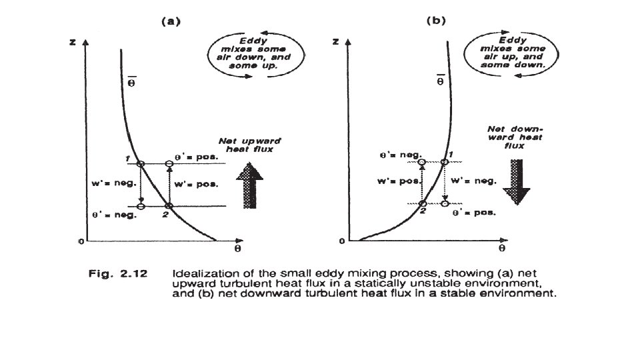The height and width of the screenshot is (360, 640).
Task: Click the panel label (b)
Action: [x=435, y=21]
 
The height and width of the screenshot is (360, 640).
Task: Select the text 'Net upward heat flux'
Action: [x=251, y=146]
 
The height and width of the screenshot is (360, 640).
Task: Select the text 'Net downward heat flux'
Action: [x=525, y=138]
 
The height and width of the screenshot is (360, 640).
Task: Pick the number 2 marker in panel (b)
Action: [x=422, y=210]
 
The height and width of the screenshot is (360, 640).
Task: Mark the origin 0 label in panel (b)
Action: [x=341, y=241]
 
